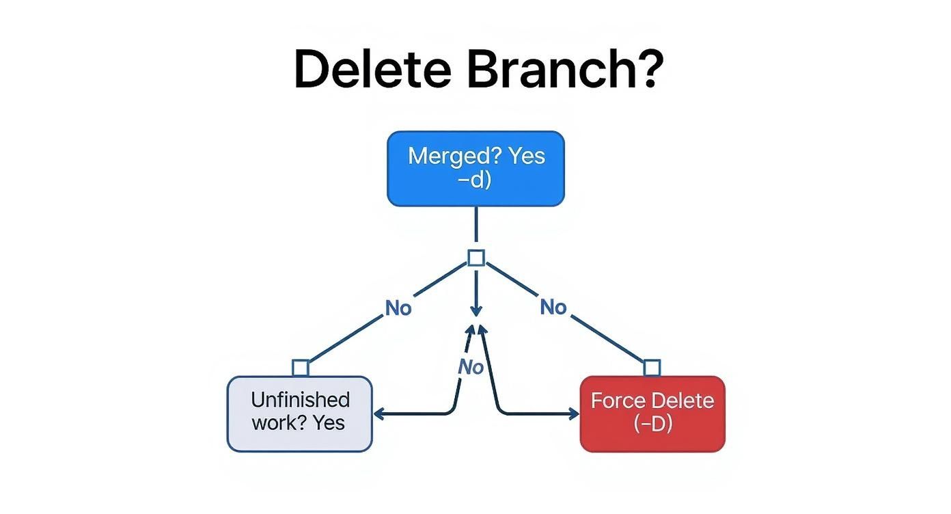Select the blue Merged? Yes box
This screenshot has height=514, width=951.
pos(475,169)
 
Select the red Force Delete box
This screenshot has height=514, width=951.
pos(652,414)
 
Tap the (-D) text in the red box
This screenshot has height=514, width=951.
pos(652,424)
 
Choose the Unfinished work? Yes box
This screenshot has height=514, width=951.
pos(299,414)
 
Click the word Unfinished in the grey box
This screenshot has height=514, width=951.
pos(300,400)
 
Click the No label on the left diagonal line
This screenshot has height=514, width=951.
pos(398,308)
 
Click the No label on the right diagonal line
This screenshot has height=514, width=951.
pos(553,308)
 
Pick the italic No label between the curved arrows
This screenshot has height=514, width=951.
pos(470,367)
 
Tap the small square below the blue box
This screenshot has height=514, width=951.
pos(476,258)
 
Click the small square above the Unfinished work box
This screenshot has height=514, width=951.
pos(301,368)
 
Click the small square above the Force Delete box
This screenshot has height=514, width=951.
pos(652,368)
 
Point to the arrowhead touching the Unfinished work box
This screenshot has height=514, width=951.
pos(378,414)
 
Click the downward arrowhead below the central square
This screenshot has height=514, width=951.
pos(476,310)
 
